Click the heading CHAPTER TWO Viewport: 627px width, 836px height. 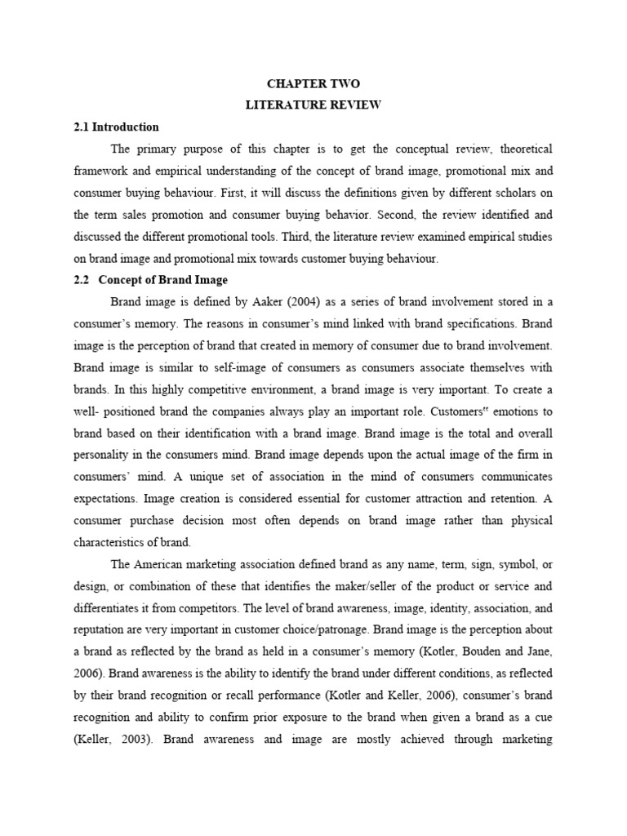[313, 84]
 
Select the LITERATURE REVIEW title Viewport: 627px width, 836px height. [313, 105]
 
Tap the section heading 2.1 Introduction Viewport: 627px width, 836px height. [116, 127]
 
